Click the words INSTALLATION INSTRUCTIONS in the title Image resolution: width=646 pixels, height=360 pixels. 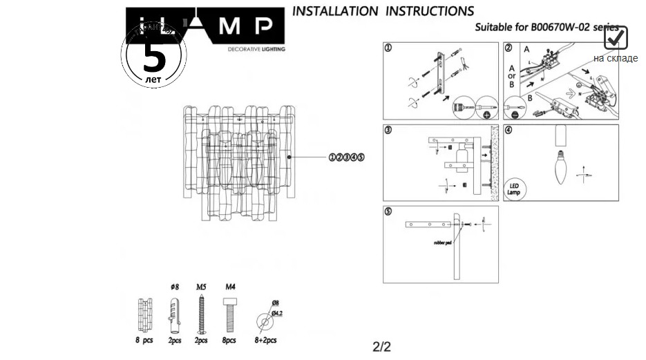[383, 11]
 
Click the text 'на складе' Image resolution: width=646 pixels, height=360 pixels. [615, 58]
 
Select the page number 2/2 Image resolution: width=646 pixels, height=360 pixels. [382, 346]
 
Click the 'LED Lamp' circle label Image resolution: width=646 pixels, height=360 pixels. [514, 189]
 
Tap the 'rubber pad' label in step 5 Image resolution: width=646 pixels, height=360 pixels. [443, 243]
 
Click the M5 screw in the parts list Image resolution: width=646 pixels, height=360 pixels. [201, 315]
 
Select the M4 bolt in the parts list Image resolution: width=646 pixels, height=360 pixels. [230, 315]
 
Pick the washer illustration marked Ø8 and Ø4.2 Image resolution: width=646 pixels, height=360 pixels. [263, 321]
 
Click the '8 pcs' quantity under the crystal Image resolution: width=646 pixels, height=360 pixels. [144, 341]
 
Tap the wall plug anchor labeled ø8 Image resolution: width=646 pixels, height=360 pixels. [173, 315]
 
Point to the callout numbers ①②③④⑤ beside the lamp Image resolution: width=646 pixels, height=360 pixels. [347, 158]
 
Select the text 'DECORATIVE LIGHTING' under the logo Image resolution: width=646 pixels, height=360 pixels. [256, 49]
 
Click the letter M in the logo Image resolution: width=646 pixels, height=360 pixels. [231, 26]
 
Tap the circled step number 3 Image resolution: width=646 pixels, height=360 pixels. [388, 130]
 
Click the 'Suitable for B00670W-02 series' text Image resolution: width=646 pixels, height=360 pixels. [546, 28]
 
